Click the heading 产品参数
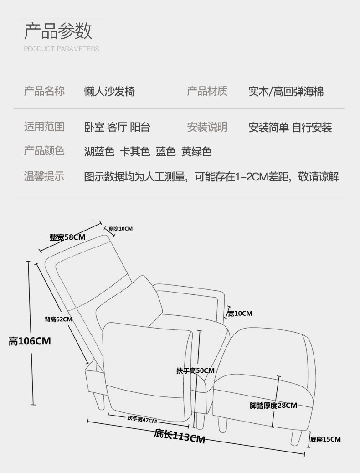(58, 31)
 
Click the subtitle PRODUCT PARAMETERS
(61, 49)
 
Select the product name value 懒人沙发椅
(109, 92)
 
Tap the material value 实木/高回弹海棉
(286, 92)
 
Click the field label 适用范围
(44, 127)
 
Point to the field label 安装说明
(207, 127)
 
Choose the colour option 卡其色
(134, 152)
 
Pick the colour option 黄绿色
(196, 152)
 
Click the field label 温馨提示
(44, 176)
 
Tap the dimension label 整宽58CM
(67, 237)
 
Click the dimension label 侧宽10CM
(121, 228)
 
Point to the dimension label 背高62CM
(58, 319)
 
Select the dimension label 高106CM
(30, 341)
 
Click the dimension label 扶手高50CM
(195, 370)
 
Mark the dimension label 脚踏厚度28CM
(273, 405)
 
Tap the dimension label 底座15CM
(325, 439)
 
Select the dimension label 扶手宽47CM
(142, 420)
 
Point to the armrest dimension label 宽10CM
(240, 313)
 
